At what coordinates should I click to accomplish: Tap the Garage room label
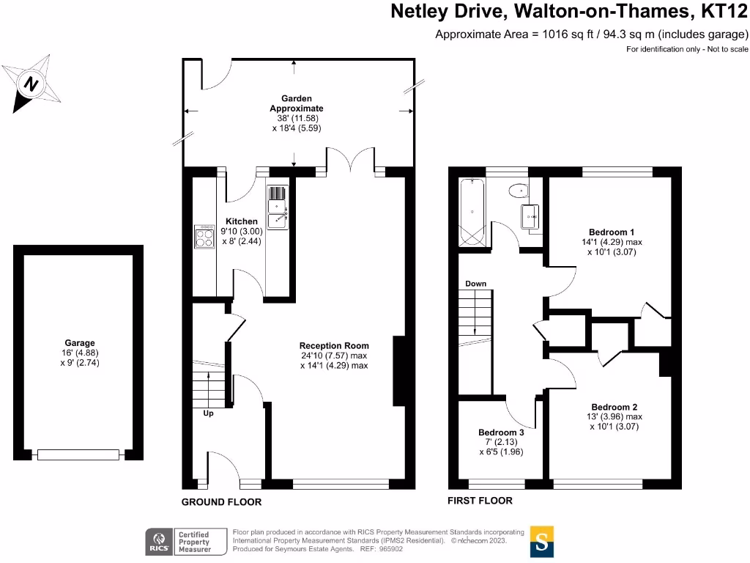[x=78, y=342]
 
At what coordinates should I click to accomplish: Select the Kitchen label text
[x=241, y=221]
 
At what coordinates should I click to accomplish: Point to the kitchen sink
[x=278, y=206]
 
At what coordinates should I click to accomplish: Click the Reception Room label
[x=334, y=345]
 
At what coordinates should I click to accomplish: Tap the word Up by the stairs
[x=209, y=413]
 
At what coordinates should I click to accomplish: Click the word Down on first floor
[x=475, y=284]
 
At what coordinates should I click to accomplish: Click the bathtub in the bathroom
[x=472, y=213]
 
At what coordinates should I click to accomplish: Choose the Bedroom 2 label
[x=615, y=407]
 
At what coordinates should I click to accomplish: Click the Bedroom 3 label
[x=501, y=433]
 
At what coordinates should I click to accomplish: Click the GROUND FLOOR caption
[x=221, y=502]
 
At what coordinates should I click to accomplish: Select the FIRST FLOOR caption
[x=480, y=501]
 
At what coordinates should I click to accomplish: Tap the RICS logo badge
[x=158, y=541]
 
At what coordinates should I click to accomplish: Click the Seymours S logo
[x=541, y=542]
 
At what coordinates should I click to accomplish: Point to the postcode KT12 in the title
[x=722, y=12]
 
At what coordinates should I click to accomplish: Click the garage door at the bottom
[x=78, y=455]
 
